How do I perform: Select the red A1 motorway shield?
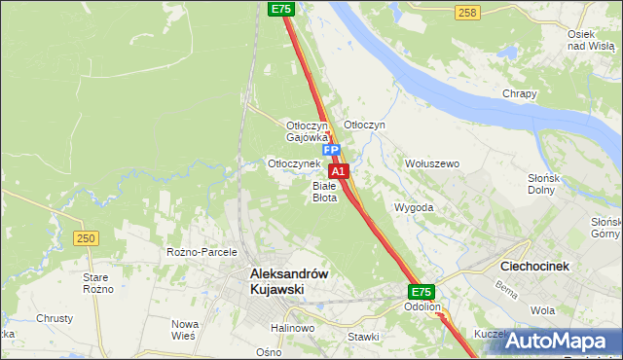point(341,170)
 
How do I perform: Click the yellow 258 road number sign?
point(467,12)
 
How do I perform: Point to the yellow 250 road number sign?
point(87,238)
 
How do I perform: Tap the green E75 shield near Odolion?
point(421,291)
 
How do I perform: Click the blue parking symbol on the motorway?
point(332,151)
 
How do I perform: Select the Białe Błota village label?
point(324,191)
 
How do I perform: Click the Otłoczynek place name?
point(294,163)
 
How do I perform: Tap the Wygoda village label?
point(414,207)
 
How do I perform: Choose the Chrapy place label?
point(520,93)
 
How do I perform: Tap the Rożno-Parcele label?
point(202,252)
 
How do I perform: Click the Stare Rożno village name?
point(98,283)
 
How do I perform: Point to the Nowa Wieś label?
point(185,329)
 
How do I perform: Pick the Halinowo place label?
point(293,329)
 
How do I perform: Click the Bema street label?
point(505,289)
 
